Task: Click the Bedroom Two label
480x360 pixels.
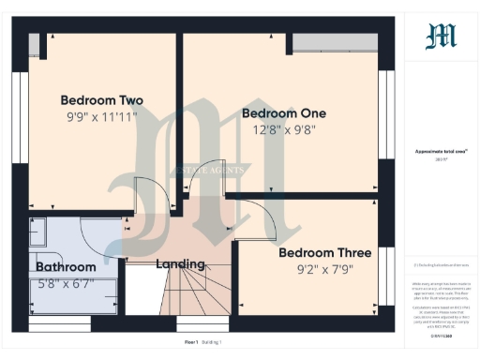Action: click(101, 99)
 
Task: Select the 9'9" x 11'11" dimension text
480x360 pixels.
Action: click(101, 117)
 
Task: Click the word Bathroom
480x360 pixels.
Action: click(66, 266)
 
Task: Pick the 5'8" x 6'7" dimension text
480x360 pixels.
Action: click(66, 284)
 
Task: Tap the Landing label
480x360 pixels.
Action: click(180, 264)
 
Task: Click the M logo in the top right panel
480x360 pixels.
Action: click(442, 36)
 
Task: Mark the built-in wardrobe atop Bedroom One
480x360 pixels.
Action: click(336, 43)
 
